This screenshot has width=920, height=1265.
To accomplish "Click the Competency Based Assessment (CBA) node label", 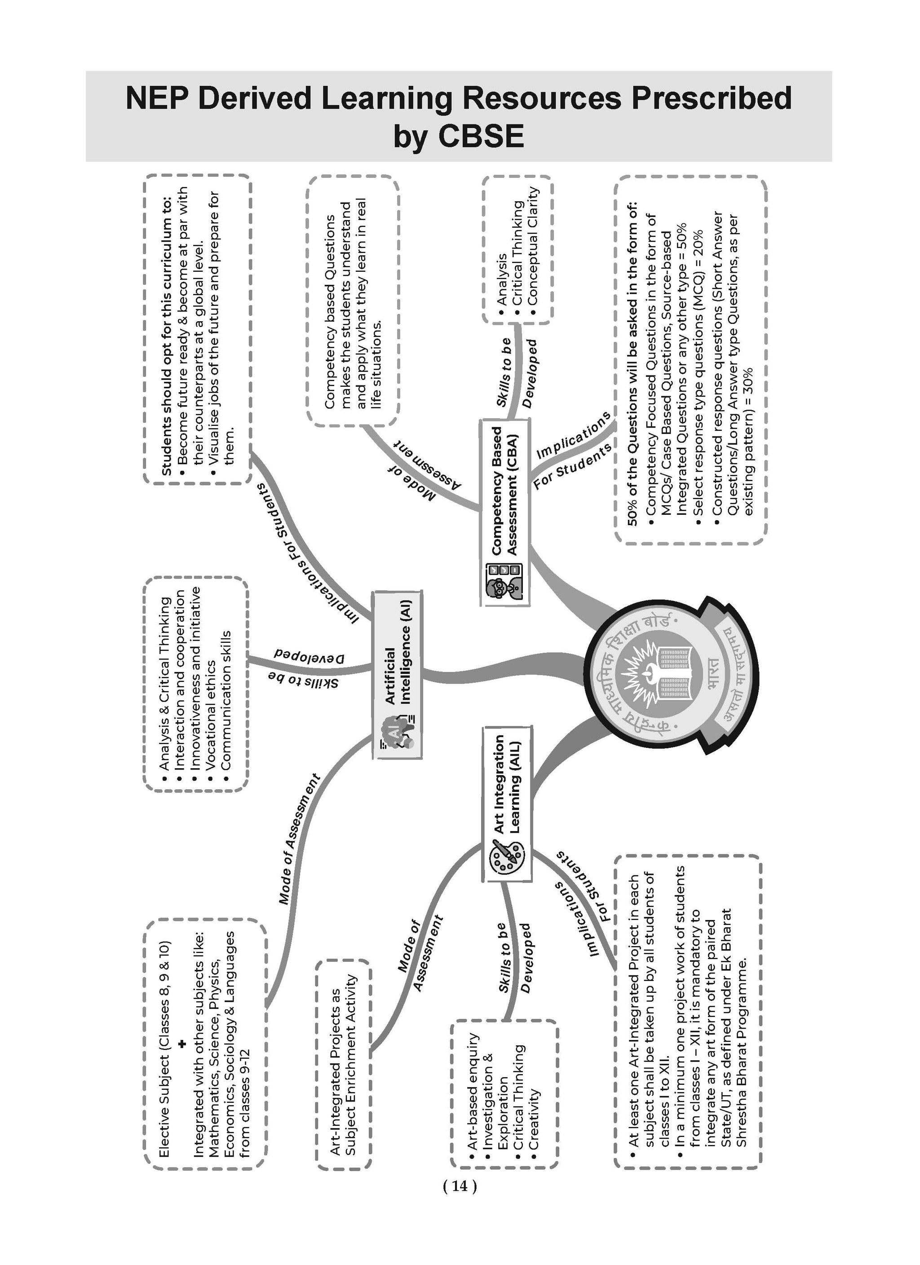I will [x=504, y=491].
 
